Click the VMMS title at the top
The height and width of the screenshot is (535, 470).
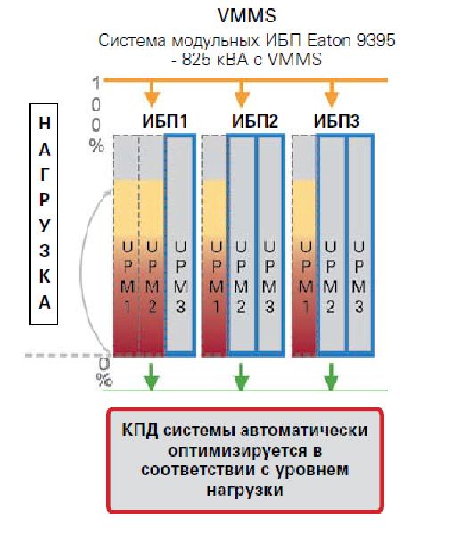(246, 16)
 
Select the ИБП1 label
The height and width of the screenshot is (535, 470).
(165, 121)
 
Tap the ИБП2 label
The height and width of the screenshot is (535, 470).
(255, 121)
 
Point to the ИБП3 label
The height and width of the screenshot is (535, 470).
(336, 121)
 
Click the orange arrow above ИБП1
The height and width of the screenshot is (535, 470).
(153, 94)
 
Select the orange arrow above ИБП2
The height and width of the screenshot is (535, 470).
(242, 94)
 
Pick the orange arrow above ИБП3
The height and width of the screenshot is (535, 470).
(331, 94)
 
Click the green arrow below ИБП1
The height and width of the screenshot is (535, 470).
(152, 376)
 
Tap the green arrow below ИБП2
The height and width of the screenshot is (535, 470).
(241, 376)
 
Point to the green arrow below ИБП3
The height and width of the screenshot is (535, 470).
(331, 376)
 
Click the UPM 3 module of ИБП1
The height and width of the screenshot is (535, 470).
(180, 244)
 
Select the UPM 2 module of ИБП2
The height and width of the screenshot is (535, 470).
(241, 244)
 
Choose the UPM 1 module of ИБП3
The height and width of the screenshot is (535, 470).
(304, 246)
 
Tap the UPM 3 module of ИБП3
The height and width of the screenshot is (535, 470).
(359, 244)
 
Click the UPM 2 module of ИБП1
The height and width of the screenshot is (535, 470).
(152, 246)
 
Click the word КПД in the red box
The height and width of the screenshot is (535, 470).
(140, 430)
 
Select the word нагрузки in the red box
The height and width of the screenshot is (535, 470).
(244, 490)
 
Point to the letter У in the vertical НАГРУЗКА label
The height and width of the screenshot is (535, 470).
(45, 226)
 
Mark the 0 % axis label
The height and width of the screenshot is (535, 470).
(104, 372)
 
